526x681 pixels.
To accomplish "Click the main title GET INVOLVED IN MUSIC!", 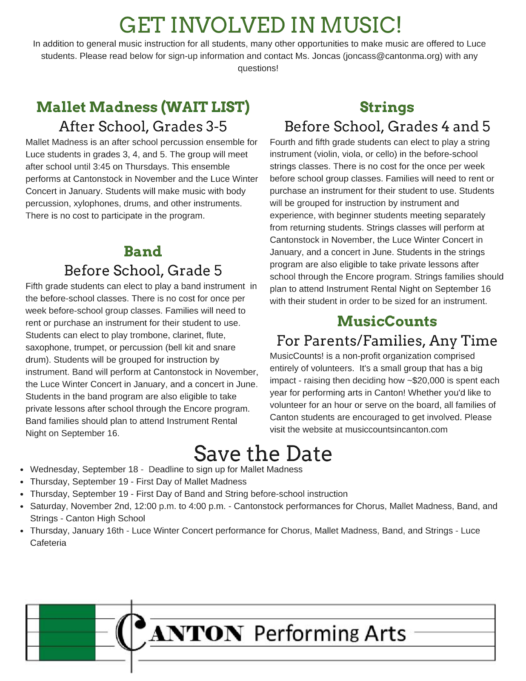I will (260, 25).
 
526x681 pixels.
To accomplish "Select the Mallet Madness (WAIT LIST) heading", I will (143, 107).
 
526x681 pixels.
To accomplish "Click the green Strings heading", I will (386, 107).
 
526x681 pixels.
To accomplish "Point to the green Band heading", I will (143, 251).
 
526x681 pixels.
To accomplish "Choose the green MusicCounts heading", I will (387, 321).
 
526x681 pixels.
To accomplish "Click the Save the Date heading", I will (263, 454).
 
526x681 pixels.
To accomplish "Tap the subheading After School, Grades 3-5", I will (143, 126).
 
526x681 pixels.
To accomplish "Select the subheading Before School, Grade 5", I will (143, 270).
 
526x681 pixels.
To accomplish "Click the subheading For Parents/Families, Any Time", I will (387, 340).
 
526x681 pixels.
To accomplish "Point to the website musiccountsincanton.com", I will (396, 429).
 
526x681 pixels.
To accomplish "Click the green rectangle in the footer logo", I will (67, 632).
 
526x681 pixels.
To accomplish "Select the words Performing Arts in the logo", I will (330, 633).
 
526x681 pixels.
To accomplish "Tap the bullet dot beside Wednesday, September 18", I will (21, 470).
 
